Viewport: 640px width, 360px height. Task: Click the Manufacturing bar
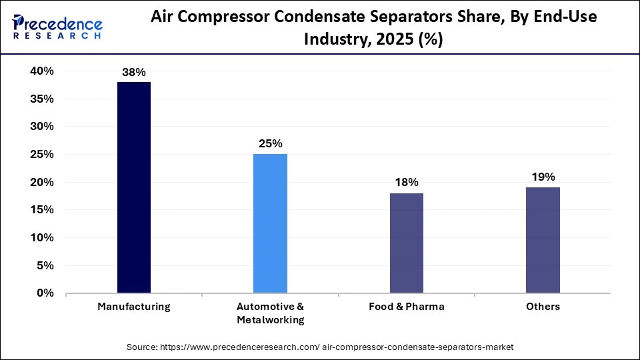coord(134,187)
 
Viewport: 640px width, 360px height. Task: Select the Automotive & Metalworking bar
coord(270,223)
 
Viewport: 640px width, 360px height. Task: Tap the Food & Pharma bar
coord(406,243)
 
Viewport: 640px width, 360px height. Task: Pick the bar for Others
coord(543,240)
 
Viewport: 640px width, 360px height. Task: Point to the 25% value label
coord(270,144)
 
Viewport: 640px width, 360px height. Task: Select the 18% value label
coord(406,183)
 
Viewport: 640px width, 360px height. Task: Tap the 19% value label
coord(543,177)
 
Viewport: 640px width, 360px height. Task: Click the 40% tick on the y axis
coord(41,71)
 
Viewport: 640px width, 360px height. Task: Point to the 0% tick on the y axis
coord(45,293)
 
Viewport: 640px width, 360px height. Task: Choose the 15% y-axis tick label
coord(41,210)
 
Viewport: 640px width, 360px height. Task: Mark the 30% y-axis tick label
coord(41,127)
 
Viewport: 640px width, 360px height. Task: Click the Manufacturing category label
coord(134,307)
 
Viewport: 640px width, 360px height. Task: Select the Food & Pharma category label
coord(406,307)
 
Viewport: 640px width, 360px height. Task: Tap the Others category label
coord(543,307)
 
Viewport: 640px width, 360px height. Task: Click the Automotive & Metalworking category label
coord(270,313)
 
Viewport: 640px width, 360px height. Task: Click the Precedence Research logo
coord(57,28)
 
